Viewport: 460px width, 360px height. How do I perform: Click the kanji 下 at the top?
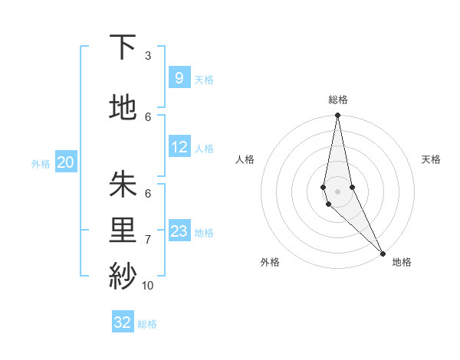click(123, 47)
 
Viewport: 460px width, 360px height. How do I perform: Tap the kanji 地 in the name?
click(123, 108)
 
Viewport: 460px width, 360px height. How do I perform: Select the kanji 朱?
click(123, 185)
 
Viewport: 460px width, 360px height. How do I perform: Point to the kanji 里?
click(123, 231)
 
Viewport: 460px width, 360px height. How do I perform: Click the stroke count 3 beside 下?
click(148, 55)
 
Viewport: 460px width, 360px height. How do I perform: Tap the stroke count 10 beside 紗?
click(148, 285)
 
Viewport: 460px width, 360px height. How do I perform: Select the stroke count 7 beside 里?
click(148, 239)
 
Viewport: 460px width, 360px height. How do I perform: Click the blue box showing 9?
click(179, 77)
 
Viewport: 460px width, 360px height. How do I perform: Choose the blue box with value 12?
click(179, 147)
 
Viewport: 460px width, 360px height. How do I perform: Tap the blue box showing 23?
click(179, 231)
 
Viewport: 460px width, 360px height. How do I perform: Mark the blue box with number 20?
click(66, 162)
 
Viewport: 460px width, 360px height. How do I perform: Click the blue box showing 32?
click(123, 322)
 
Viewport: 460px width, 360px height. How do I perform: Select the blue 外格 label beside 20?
click(41, 163)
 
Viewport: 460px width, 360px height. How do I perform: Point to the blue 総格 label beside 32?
click(147, 324)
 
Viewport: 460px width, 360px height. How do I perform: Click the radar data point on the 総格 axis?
click(337, 116)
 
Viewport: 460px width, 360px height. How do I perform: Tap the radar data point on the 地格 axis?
click(383, 253)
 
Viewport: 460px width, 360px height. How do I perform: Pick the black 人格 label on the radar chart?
click(245, 159)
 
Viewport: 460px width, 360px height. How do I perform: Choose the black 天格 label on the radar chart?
click(431, 159)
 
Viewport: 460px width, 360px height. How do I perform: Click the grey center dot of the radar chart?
click(337, 191)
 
